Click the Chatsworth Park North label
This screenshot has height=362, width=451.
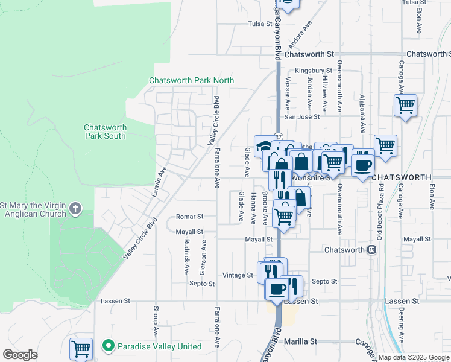point(191,80)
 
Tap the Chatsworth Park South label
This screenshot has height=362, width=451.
point(105,132)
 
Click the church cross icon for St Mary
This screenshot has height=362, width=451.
point(75,209)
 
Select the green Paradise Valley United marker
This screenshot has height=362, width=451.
point(109,346)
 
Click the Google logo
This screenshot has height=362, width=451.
point(20,355)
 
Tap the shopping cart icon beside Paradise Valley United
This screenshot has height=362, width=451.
point(81,348)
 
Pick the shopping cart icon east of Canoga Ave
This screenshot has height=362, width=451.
point(405,105)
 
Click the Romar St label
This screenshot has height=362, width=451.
point(189,217)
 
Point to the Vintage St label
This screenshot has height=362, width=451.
point(238,275)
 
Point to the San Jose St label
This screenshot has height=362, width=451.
point(301,117)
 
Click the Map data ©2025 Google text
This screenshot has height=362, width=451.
point(413,357)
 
